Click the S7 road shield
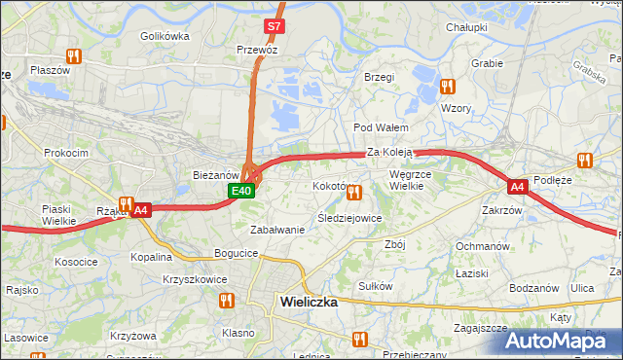coord(274,26)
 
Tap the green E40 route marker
coord(242,192)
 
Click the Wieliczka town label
coord(308,302)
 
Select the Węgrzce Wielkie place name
coord(417,180)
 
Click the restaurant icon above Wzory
coord(447,87)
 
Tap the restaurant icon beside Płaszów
coord(71,57)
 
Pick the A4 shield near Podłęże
coord(518,186)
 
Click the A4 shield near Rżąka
coord(141,209)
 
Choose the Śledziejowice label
coord(349,218)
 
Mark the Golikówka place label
coord(164,36)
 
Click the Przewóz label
coord(257,49)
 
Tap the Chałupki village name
coord(466,28)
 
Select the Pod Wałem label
coord(380,127)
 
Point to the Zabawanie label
coord(277,230)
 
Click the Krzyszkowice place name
coord(195,279)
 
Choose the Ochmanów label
coord(483,246)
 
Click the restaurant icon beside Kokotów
coord(354,194)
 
